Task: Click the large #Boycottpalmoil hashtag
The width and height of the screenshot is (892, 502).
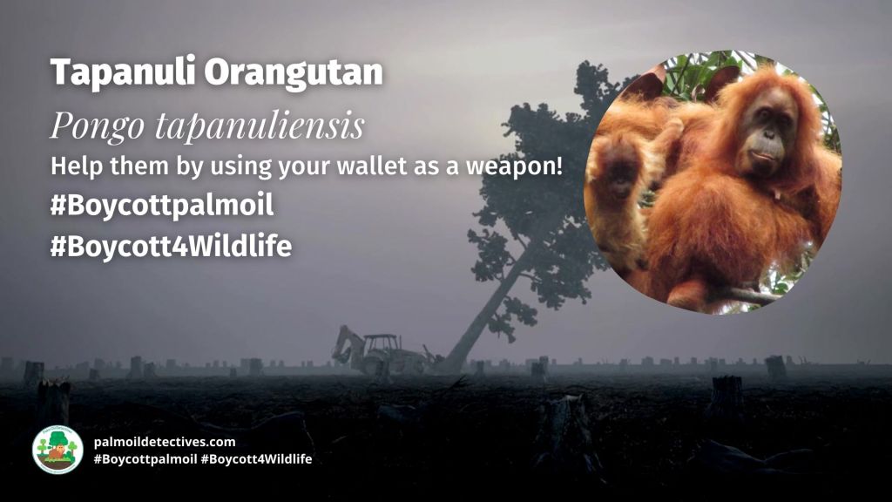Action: coord(161,206)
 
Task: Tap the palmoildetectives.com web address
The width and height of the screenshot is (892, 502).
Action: coord(165,442)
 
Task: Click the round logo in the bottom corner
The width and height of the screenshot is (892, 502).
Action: coord(57,450)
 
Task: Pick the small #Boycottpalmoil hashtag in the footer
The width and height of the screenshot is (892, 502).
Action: coord(145,459)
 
